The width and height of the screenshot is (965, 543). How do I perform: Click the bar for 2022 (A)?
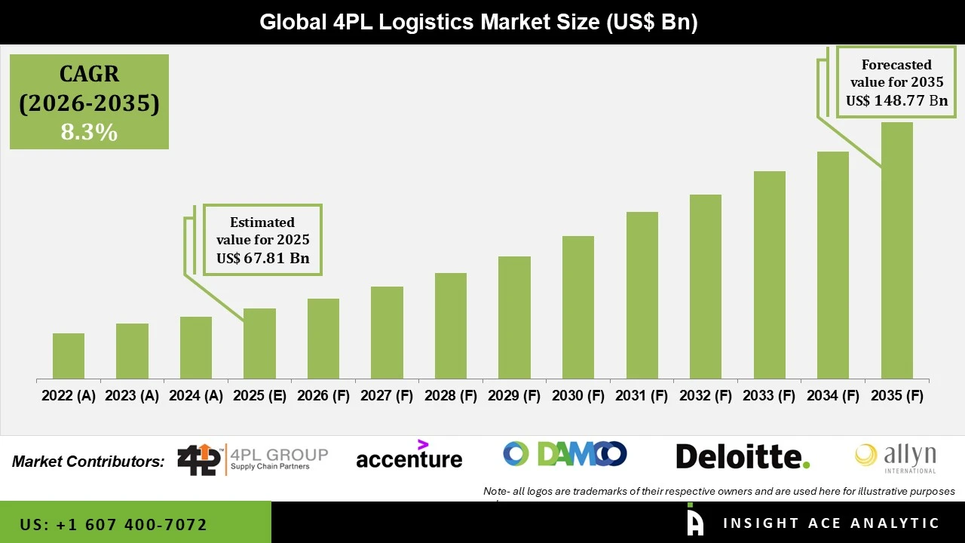[x=69, y=356]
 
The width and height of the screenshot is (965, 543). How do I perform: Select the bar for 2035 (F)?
[x=896, y=250]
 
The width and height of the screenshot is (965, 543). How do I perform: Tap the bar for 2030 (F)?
[x=578, y=307]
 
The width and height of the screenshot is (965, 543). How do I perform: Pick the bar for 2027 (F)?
[x=387, y=333]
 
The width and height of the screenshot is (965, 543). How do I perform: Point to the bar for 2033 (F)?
[x=770, y=275]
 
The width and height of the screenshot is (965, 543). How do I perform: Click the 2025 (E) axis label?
[x=259, y=396]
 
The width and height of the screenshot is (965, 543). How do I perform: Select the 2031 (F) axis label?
[x=642, y=396]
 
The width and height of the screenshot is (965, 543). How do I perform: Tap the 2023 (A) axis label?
[x=132, y=396]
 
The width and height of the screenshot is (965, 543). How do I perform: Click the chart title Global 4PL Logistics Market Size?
[x=479, y=22]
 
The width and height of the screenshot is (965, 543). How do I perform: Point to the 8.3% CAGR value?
[x=89, y=133]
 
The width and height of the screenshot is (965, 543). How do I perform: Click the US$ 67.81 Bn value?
[x=262, y=259]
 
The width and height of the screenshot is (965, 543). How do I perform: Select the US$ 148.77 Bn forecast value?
[x=896, y=100]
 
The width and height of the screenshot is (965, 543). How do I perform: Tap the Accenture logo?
[x=409, y=456]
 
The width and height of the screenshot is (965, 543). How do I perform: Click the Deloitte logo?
[x=743, y=456]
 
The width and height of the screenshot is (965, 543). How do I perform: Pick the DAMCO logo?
[x=565, y=454]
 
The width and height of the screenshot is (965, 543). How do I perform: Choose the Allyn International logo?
[x=895, y=458]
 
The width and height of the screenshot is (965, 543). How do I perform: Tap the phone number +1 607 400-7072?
[x=114, y=524]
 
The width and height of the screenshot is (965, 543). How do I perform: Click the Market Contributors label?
[x=88, y=462]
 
